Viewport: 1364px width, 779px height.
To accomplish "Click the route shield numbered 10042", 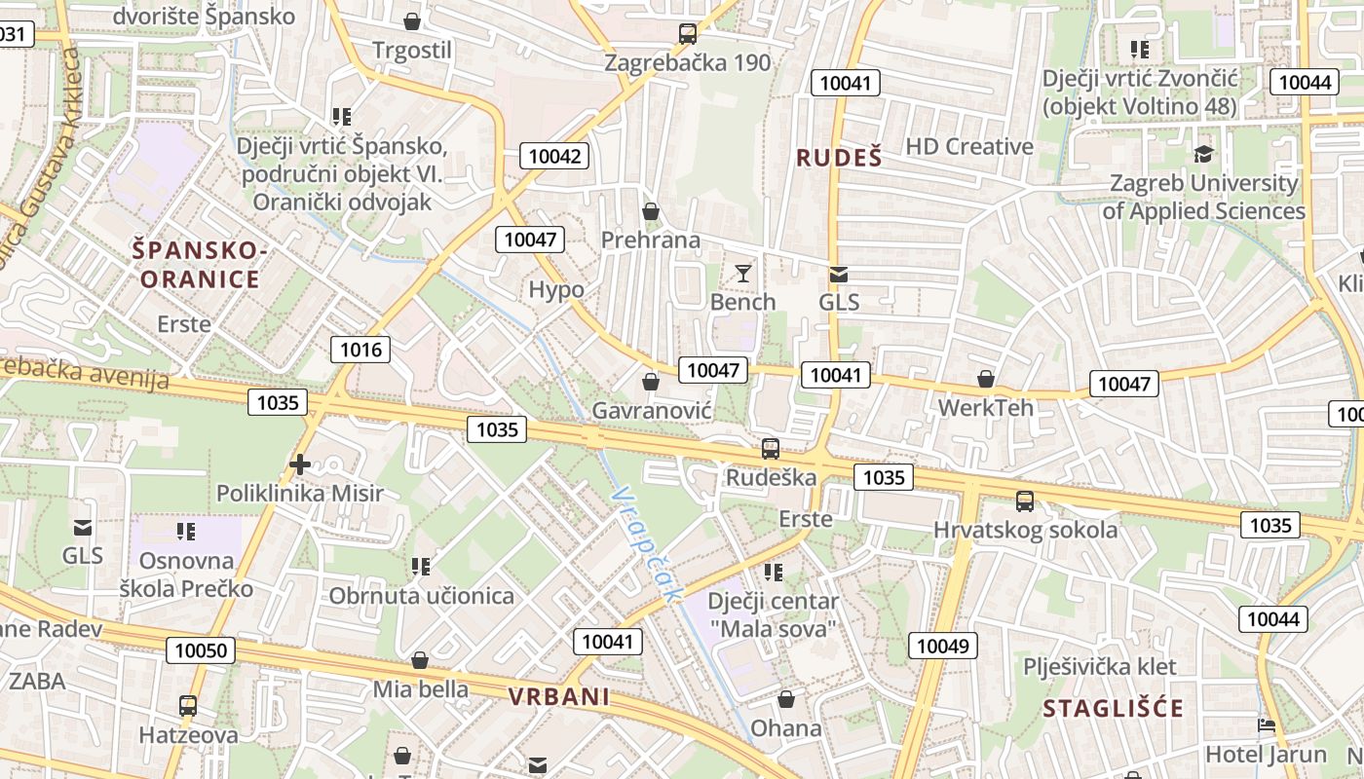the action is click(x=554, y=156).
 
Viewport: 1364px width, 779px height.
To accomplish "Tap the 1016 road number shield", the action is click(x=360, y=350).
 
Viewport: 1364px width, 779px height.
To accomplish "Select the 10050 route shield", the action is click(x=200, y=650).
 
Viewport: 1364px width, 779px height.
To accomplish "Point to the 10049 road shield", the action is click(x=943, y=645).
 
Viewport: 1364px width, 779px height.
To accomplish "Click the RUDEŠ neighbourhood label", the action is click(x=839, y=158).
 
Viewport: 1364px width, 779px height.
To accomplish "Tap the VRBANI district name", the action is click(x=559, y=696).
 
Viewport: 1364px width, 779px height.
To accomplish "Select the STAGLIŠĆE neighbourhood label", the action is click(x=1113, y=708).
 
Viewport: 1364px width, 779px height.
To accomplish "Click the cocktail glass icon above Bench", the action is click(x=743, y=274).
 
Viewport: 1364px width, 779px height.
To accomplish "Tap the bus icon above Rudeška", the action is click(x=770, y=449).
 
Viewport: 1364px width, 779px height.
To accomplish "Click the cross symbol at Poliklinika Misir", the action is click(x=300, y=464).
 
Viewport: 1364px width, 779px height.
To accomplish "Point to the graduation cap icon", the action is click(x=1204, y=154).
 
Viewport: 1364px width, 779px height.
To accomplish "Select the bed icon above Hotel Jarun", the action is click(x=1266, y=725).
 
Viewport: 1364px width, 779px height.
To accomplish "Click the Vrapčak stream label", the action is click(x=644, y=544).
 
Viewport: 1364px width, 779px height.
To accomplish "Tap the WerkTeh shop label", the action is click(x=985, y=407).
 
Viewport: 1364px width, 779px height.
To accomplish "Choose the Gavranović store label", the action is click(x=652, y=411).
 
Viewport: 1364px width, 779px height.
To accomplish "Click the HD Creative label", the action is click(x=968, y=146).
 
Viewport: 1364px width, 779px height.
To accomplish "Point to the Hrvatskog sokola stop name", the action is click(x=1025, y=530).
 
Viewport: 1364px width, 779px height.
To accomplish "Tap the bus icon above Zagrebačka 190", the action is click(x=687, y=34).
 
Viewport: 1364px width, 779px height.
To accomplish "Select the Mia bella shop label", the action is click(x=420, y=689).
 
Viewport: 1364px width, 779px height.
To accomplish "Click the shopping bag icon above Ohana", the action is click(x=786, y=699).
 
